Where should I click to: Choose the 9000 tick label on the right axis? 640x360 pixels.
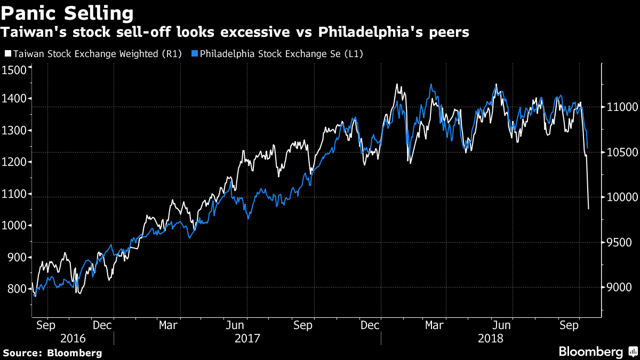point(619,287)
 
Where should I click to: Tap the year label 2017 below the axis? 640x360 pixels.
point(247,338)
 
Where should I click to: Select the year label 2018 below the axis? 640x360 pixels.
point(490,338)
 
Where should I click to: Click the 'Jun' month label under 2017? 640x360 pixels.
point(235,325)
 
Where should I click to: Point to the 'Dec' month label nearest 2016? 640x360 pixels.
point(102,325)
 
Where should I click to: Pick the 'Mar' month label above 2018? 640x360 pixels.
point(435,325)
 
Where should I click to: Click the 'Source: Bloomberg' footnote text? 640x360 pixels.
point(52,353)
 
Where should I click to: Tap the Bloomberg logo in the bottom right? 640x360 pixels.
point(597,352)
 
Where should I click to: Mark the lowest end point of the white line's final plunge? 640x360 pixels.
point(588,209)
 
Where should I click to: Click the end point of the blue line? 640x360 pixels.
point(587,148)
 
